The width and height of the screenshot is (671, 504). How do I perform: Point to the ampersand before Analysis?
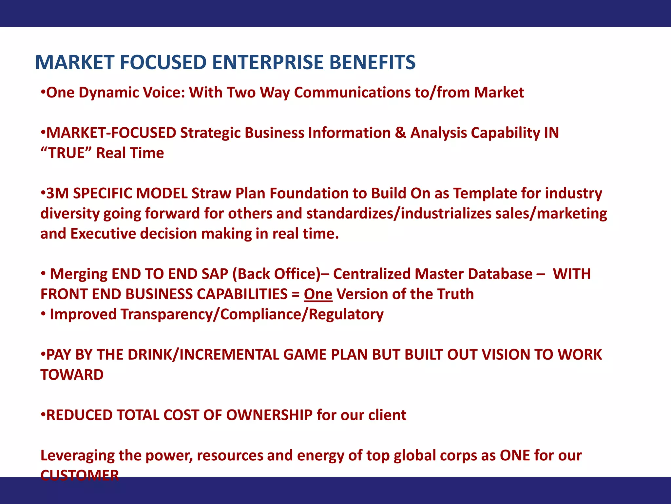tap(400, 133)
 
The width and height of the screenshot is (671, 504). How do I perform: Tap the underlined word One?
tap(318, 294)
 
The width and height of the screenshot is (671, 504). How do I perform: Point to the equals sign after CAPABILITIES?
tap(296, 294)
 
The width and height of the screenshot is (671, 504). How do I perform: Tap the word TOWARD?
tap(72, 375)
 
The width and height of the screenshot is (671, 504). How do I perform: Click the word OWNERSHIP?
tap(269, 415)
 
